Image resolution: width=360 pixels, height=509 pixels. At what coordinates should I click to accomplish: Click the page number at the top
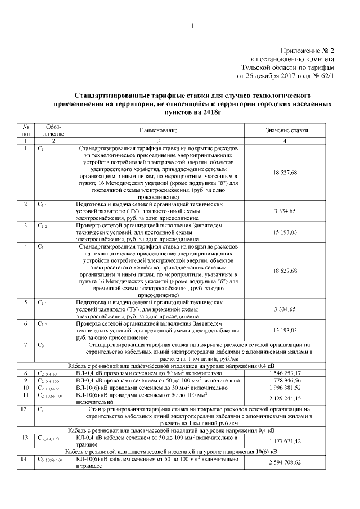pyautogui.click(x=192, y=26)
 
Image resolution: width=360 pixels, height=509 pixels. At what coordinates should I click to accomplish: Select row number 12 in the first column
pyautogui.click(x=26, y=409)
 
